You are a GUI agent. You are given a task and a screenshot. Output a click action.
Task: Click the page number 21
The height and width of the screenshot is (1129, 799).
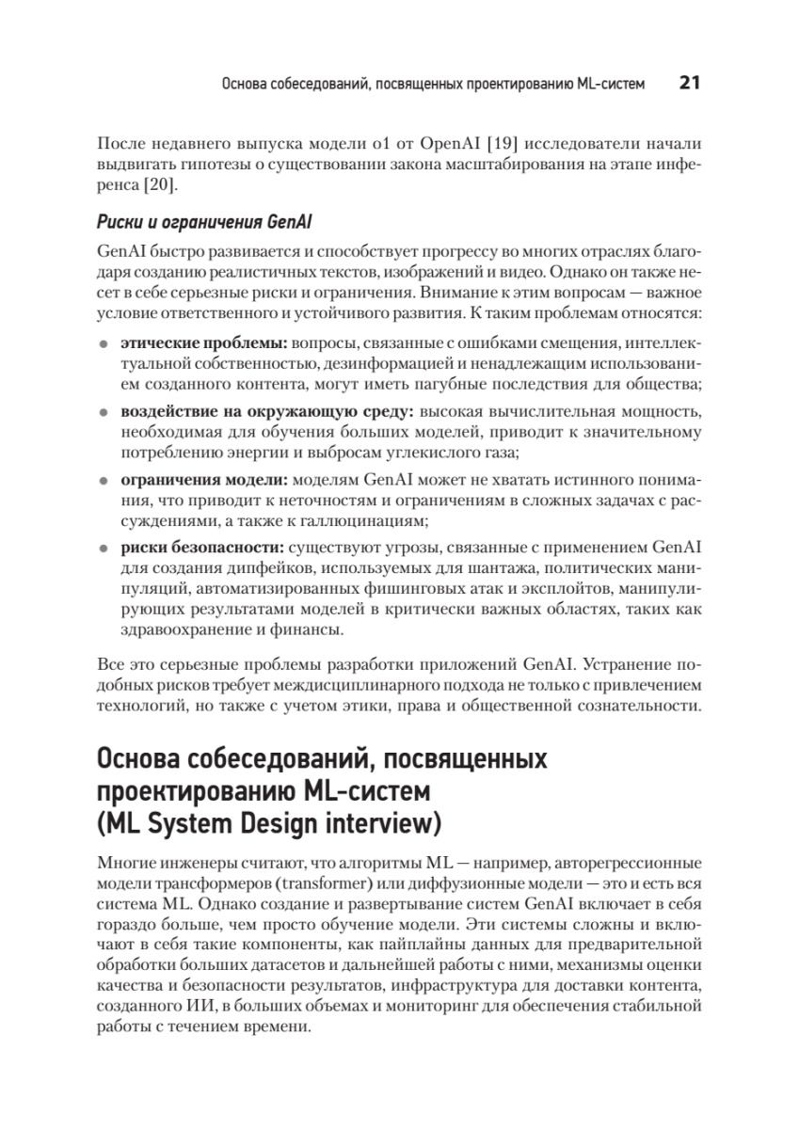click(688, 84)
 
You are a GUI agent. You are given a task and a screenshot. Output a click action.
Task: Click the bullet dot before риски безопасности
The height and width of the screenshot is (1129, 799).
click(104, 547)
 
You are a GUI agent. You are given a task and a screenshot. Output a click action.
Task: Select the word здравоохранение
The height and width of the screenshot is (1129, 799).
click(181, 631)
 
